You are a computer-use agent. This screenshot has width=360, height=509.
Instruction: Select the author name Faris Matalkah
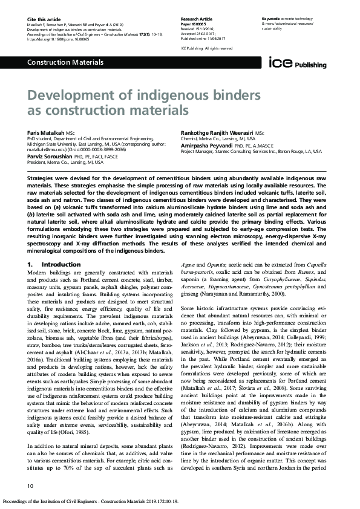[x=45, y=132]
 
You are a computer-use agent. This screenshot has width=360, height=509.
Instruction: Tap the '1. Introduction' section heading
[x=52, y=265]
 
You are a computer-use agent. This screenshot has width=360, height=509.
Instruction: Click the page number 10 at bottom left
[x=31, y=485]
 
